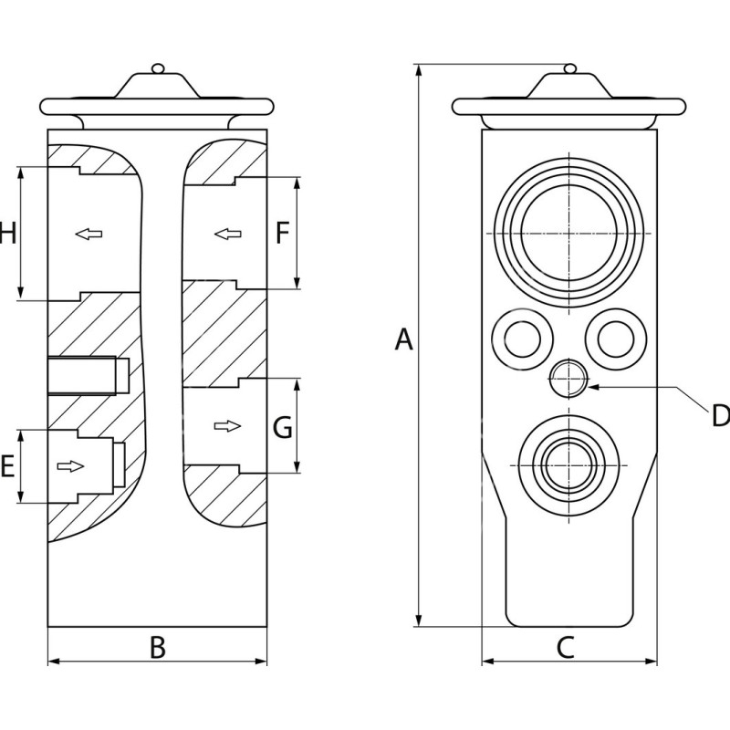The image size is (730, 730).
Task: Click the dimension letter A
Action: point(403,340)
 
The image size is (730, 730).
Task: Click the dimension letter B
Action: point(157,648)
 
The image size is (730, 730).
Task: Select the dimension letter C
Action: point(565,648)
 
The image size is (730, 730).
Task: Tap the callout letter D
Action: point(720,416)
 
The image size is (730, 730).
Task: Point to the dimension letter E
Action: point(7,468)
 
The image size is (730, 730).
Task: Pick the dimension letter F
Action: point(282,234)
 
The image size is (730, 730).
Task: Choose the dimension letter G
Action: point(283,427)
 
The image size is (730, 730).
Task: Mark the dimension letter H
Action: point(7,235)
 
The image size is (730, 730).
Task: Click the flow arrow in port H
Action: point(89,235)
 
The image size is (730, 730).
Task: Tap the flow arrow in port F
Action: point(227,235)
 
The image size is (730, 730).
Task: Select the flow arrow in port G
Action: point(228,426)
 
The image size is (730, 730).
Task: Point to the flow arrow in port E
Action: point(70,467)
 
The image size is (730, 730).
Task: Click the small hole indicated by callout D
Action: point(567,378)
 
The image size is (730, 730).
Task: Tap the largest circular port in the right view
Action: point(568,234)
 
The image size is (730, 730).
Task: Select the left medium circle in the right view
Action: point(521,338)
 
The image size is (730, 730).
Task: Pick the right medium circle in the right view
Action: point(616,338)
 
